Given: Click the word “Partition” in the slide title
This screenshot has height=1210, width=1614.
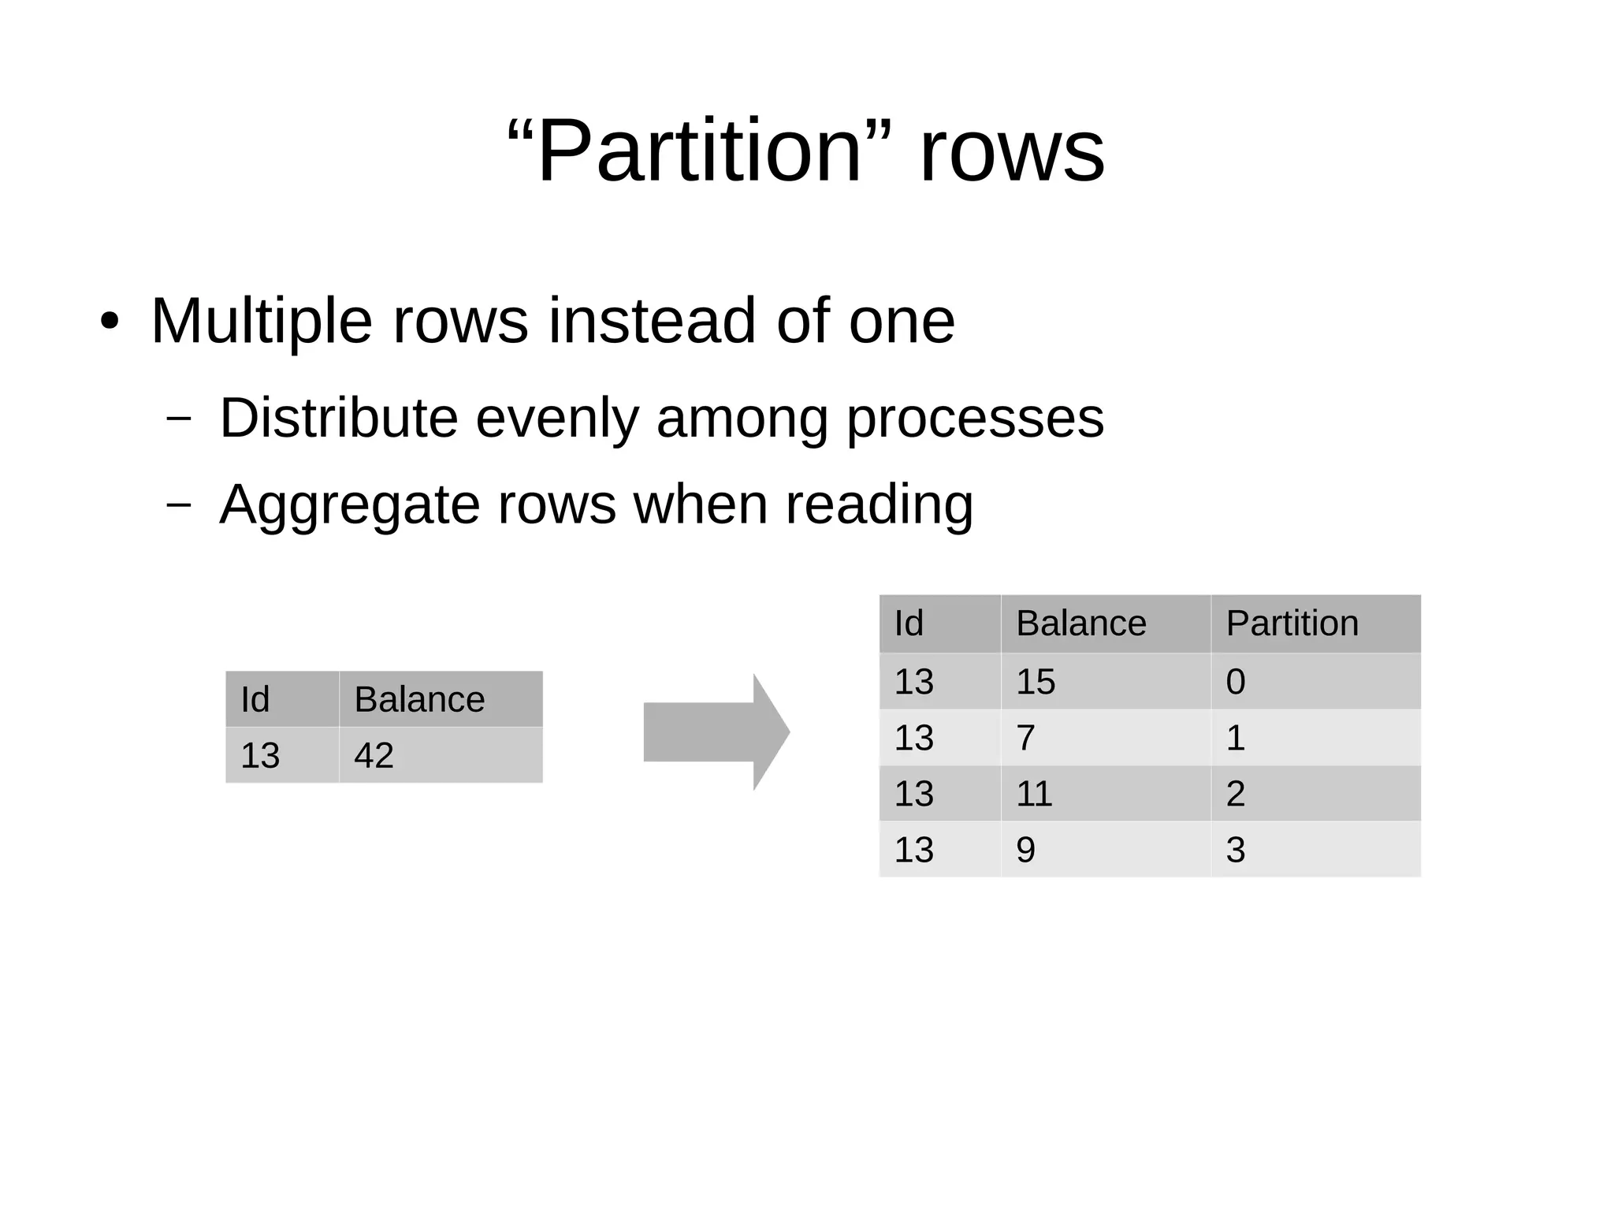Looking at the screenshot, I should pyautogui.click(x=700, y=150).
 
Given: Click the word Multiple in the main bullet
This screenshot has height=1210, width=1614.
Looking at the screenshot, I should pyautogui.click(x=261, y=321).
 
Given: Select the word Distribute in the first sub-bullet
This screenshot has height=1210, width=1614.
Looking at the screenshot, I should pyautogui.click(x=338, y=418).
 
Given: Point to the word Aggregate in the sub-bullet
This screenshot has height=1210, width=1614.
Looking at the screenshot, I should pyautogui.click(x=349, y=504).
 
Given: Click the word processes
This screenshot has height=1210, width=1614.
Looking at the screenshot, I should pyautogui.click(x=975, y=419).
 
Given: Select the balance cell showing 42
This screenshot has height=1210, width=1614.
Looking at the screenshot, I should pyautogui.click(x=374, y=755).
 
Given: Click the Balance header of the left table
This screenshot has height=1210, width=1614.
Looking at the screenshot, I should pyautogui.click(x=419, y=699).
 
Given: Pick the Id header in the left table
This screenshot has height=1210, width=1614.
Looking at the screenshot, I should pyautogui.click(x=255, y=699).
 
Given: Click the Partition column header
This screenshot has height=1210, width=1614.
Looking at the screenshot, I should pyautogui.click(x=1292, y=624).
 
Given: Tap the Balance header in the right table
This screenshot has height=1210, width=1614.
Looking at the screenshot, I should pyautogui.click(x=1080, y=624).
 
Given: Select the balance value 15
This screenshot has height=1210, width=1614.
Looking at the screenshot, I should pyautogui.click(x=1036, y=682).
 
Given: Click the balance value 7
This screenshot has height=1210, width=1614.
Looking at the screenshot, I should pyautogui.click(x=1025, y=738).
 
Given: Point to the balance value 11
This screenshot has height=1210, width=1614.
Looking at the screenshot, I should pyautogui.click(x=1034, y=794).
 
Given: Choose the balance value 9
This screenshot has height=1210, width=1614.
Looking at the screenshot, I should pyautogui.click(x=1025, y=850).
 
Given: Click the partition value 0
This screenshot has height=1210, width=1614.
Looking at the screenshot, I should pyautogui.click(x=1235, y=682).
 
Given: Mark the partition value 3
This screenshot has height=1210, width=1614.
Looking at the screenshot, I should pyautogui.click(x=1235, y=850).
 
